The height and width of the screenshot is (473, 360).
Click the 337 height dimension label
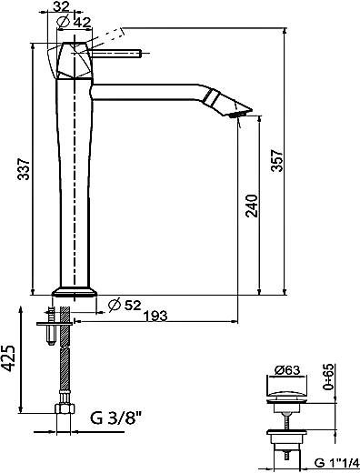[24, 169]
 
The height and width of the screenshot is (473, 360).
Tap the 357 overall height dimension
[277, 160]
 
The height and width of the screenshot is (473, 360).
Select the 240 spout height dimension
[252, 206]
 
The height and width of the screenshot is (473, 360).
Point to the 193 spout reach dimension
[155, 316]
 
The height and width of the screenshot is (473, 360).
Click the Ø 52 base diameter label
[125, 305]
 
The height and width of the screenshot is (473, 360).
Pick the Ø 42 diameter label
[75, 22]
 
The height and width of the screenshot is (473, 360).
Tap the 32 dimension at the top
[61, 6]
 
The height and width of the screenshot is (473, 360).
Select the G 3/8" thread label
[115, 418]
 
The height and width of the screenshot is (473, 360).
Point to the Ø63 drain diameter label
[287, 370]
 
